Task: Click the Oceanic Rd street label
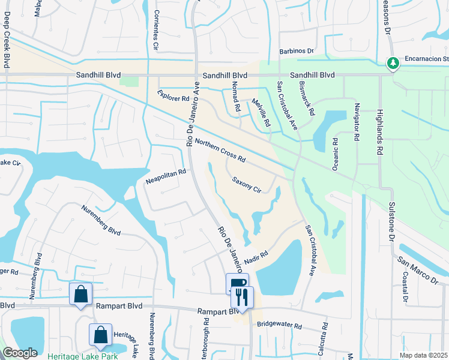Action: [336, 154]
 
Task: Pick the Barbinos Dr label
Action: [297, 52]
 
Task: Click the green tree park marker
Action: [393, 63]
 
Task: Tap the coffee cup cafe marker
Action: [238, 284]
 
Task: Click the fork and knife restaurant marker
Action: [243, 296]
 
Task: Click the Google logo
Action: [20, 353]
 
